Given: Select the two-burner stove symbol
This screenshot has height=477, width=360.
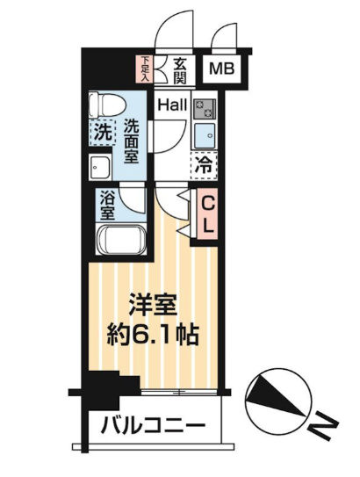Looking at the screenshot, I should coord(204,109).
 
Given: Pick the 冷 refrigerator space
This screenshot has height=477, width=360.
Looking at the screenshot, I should coord(203,163).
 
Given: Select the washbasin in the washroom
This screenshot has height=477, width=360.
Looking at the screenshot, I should coord(98,167).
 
